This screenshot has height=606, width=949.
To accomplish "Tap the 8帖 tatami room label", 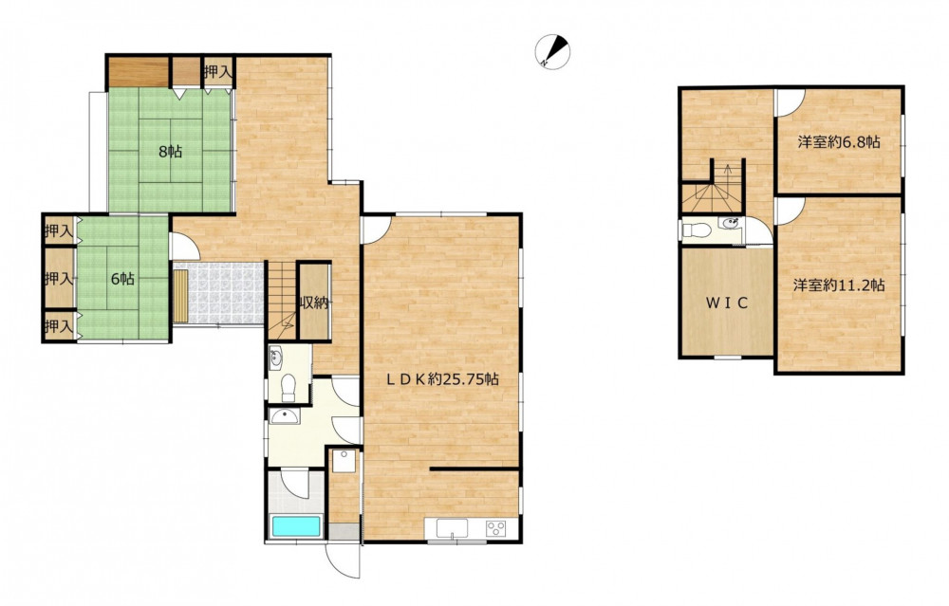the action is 170,152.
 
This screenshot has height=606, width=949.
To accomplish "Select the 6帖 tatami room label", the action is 122,279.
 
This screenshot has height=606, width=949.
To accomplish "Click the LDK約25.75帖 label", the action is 443,379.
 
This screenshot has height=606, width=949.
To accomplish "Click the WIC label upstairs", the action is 727,303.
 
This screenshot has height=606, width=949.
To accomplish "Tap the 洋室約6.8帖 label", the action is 839,143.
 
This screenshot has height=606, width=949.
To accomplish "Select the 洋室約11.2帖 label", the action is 839,285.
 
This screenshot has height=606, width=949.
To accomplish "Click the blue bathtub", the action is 296,526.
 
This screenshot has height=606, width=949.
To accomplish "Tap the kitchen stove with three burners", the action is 496,528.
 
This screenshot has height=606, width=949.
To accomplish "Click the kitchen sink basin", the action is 453,528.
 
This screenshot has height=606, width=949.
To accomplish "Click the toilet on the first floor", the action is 289,388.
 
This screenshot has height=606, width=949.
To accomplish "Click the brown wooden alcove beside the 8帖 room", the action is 138,73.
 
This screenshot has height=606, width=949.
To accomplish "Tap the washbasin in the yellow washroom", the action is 284,416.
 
